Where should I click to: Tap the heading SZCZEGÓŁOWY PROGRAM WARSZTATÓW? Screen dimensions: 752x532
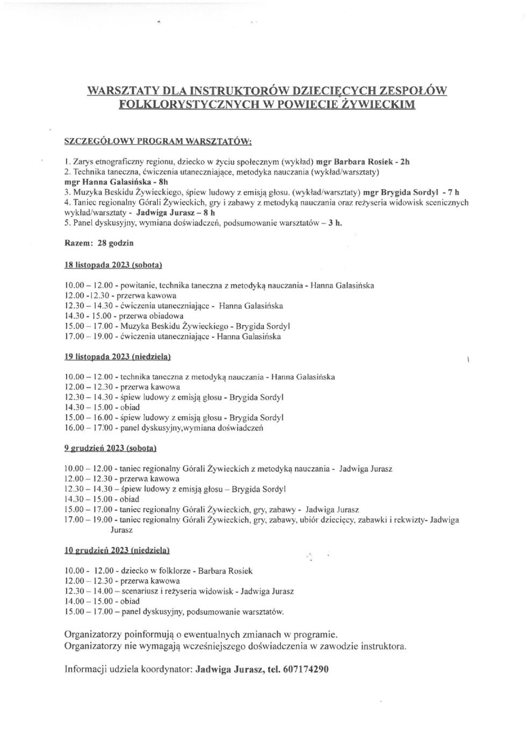coord(157,142)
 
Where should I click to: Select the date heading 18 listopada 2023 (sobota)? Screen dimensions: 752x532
coord(113,265)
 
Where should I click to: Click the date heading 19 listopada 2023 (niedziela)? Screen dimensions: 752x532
coord(117,357)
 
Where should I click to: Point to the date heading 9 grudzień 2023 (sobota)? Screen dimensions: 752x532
coord(110,448)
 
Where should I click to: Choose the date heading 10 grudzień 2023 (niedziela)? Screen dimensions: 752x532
coord(117,550)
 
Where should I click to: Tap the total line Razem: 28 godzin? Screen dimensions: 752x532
coord(99,243)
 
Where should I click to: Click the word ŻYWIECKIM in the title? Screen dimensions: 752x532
coord(378,104)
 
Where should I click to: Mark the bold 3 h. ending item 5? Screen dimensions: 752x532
coord(335,223)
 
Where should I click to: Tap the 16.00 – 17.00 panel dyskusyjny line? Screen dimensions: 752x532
coord(163,428)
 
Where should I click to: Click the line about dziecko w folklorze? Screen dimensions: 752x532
coord(158,571)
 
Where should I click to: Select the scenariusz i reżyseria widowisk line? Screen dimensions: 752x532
coord(178,591)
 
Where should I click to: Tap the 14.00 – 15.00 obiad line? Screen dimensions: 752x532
coord(102,602)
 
